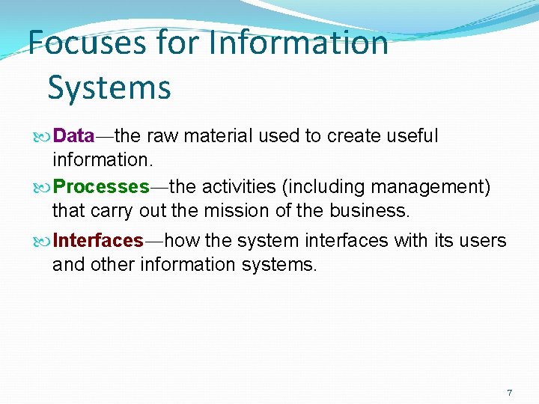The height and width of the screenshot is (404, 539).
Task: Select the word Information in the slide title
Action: [299, 43]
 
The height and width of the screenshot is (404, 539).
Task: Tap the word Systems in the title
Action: [109, 88]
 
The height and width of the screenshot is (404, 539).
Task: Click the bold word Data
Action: [74, 136]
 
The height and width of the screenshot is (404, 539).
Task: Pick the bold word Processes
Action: [102, 186]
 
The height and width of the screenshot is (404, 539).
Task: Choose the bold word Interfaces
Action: [98, 241]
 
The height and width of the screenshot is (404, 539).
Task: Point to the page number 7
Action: [510, 393]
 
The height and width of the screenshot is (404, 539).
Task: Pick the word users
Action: [484, 241]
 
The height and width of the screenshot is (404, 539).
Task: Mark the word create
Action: [350, 136]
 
